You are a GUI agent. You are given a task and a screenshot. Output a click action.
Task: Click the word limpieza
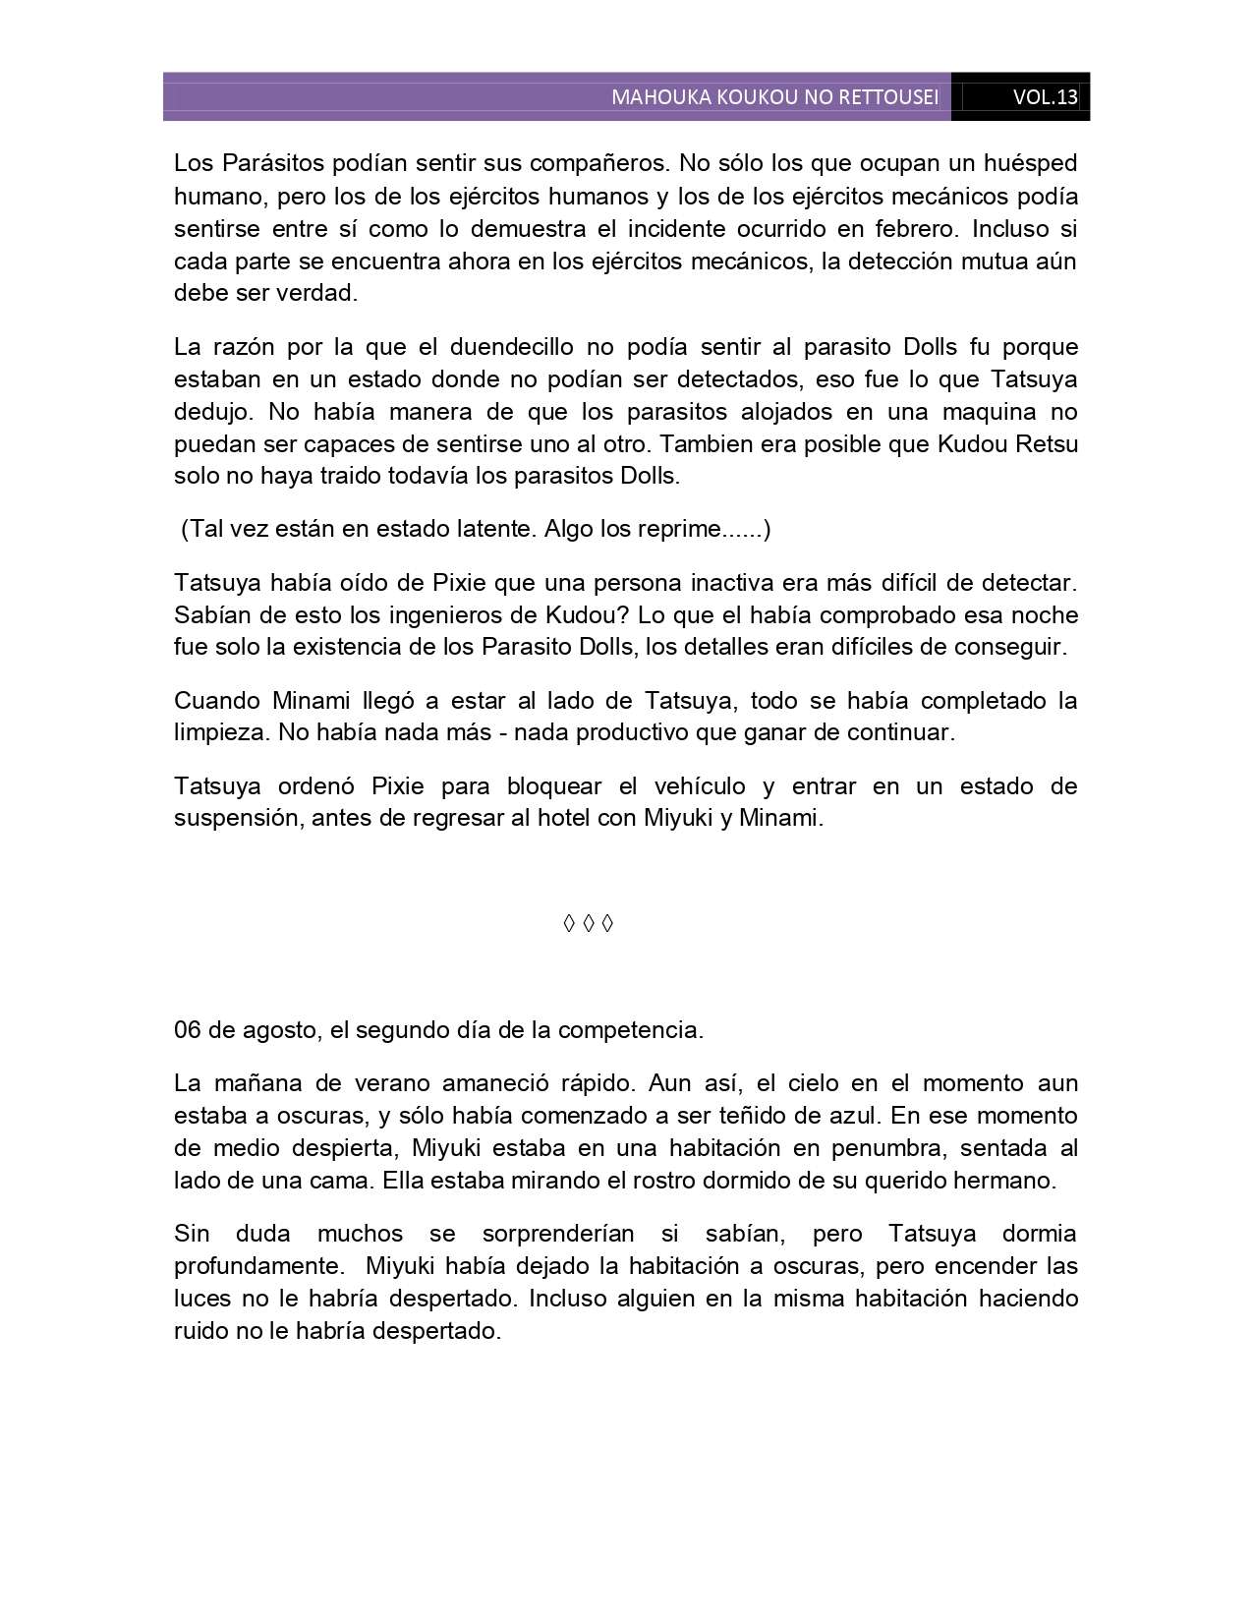(x=222, y=733)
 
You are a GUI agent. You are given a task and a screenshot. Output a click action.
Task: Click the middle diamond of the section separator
(x=588, y=924)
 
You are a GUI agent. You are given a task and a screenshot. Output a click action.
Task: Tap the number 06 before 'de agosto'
(x=188, y=1031)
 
